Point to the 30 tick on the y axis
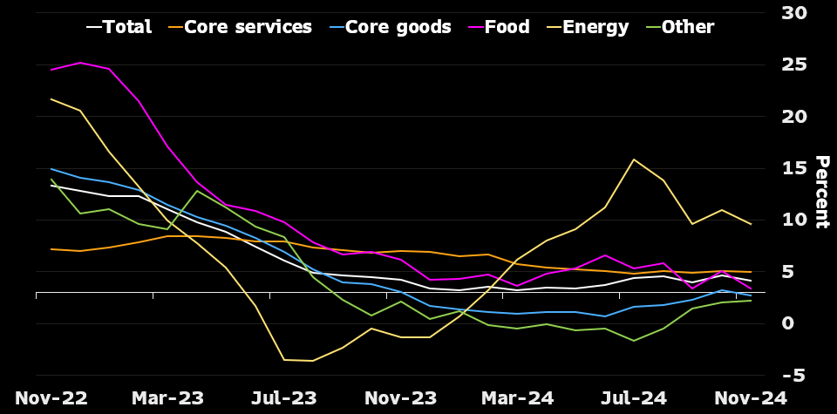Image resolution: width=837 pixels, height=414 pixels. coord(794,13)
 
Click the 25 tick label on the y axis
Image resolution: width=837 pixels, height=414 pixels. coord(794,64)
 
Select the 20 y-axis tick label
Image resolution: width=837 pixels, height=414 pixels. coord(794,117)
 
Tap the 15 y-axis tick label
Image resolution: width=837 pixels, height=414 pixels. coord(794,168)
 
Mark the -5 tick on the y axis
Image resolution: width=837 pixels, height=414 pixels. coord(794,376)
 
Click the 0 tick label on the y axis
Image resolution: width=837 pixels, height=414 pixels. coord(788,323)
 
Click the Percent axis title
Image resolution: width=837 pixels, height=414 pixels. coord(821,192)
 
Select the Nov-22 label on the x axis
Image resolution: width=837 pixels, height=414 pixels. coord(51,398)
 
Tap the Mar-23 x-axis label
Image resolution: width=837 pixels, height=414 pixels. coord(167,398)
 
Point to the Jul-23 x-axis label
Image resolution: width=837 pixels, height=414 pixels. coord(284,398)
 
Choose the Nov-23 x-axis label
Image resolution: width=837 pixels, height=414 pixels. coord(400,398)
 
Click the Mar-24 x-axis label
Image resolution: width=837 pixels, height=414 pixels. coord(517,398)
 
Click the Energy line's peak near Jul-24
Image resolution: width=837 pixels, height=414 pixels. coord(634,159)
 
